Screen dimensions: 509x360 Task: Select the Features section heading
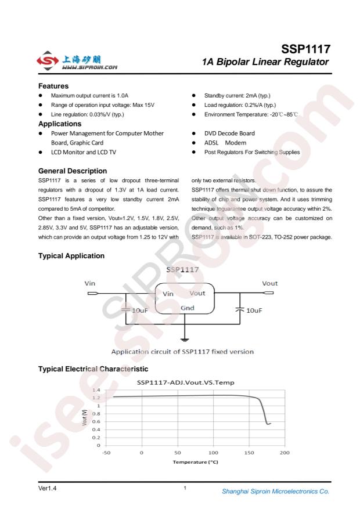(x=53, y=86)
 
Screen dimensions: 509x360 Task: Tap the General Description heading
(x=73, y=171)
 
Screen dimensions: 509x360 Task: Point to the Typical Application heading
(x=71, y=256)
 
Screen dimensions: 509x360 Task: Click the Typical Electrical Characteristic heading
(x=93, y=369)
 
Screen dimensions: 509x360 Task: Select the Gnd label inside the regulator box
(x=187, y=308)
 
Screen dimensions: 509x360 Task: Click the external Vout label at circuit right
(x=270, y=283)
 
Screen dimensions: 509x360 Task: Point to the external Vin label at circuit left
(x=90, y=283)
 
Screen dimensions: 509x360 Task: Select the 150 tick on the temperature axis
(x=249, y=452)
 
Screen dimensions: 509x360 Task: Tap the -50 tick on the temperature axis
(x=106, y=452)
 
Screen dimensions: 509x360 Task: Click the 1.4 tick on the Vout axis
(x=96, y=390)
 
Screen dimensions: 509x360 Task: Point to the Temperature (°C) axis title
(x=195, y=462)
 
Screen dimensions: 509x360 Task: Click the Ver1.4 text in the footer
(x=47, y=488)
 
